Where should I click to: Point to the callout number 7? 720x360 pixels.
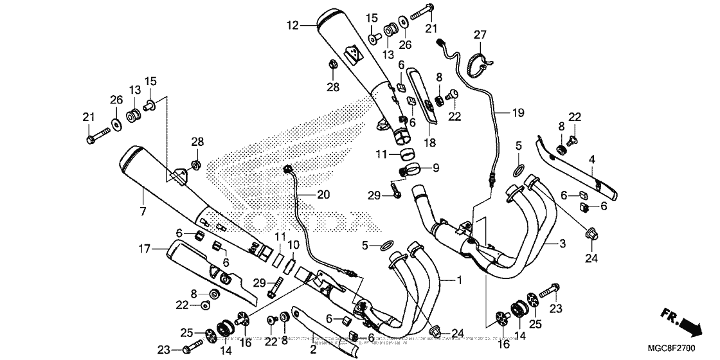click(x=143, y=212)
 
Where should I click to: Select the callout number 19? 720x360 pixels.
click(x=518, y=113)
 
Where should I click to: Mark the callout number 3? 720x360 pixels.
click(x=562, y=244)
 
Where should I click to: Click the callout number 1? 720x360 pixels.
click(x=459, y=280)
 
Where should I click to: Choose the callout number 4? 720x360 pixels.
click(x=592, y=158)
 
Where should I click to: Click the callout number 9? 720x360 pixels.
click(x=436, y=168)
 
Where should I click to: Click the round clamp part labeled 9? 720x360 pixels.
click(x=408, y=170)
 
